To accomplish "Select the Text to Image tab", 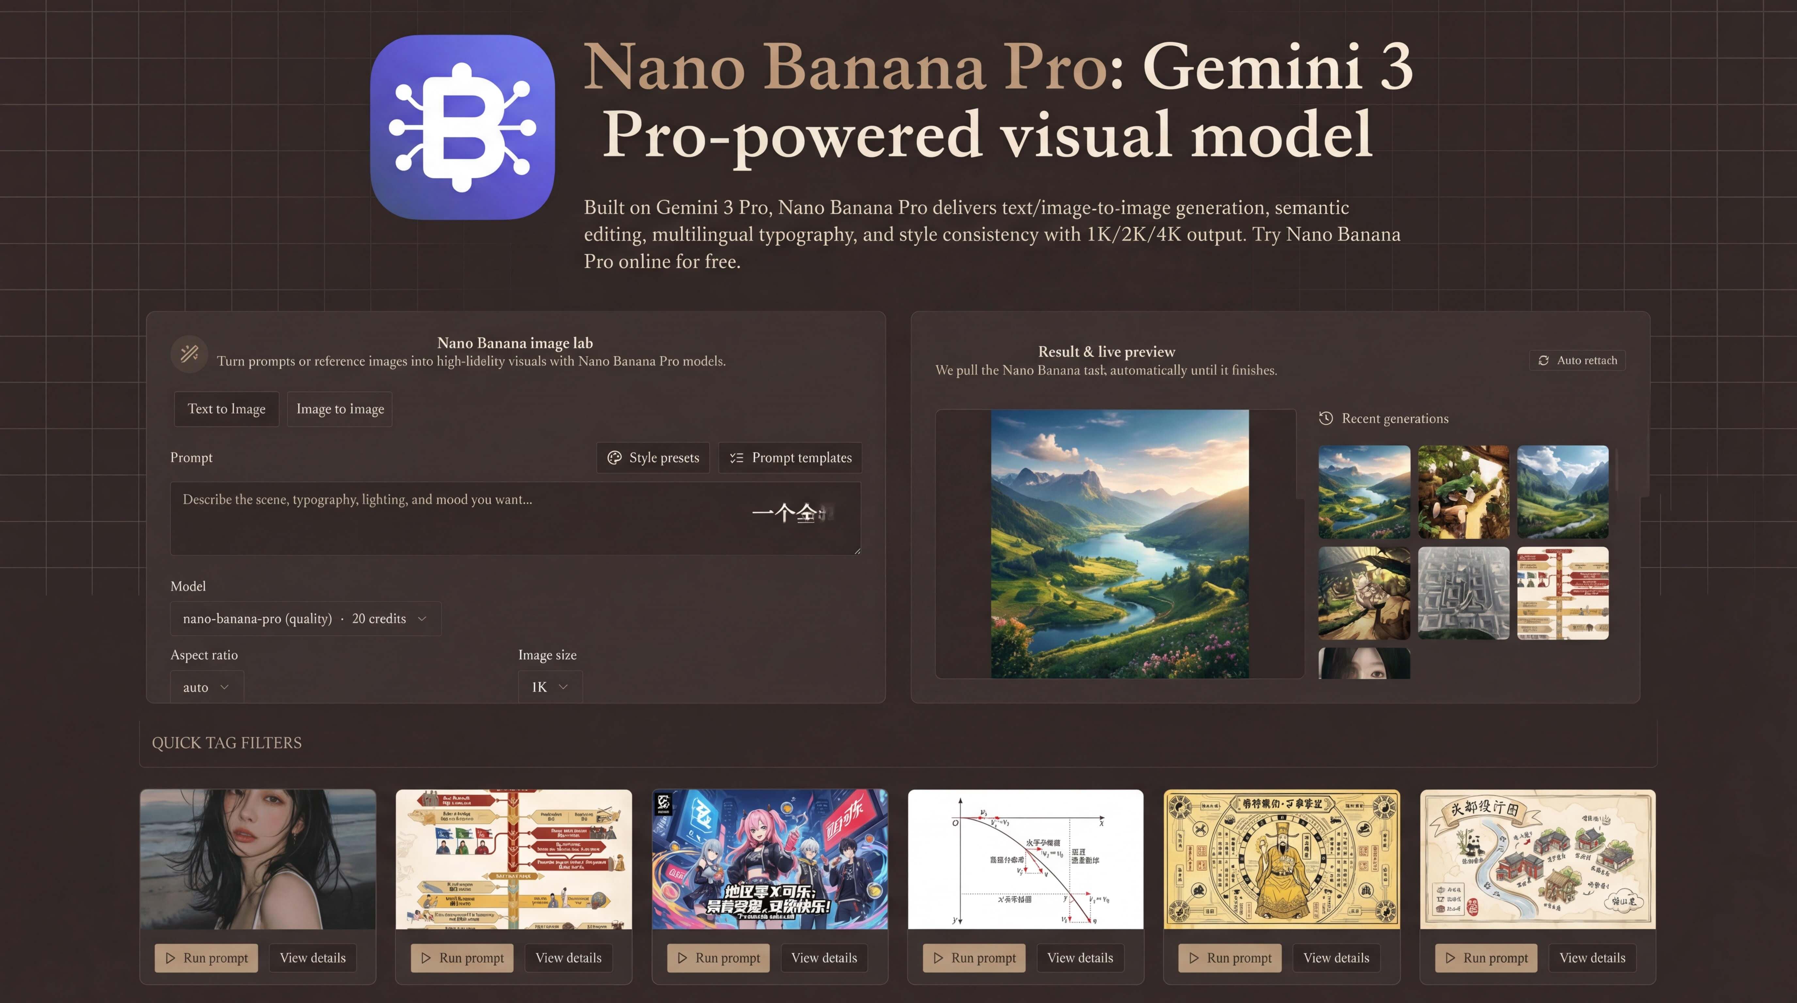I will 226,409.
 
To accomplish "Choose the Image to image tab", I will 340,409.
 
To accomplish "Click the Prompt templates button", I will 790,457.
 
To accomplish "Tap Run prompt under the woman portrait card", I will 206,958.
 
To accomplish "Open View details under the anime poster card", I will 824,958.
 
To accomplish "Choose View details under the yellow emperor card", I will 1336,958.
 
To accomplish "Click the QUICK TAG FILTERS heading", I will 227,743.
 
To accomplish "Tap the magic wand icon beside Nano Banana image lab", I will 189,354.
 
